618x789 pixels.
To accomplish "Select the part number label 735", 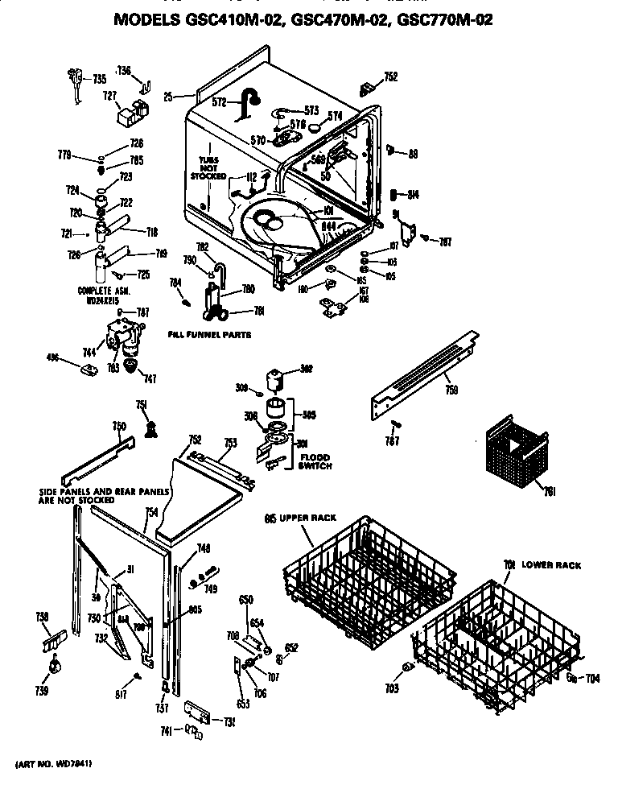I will (x=99, y=78).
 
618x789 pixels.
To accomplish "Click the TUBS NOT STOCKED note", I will (x=208, y=167).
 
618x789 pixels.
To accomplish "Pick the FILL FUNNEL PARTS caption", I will (x=209, y=333).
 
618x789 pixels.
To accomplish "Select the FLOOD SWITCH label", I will (x=315, y=461).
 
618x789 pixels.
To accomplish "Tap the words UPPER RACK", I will (x=305, y=517).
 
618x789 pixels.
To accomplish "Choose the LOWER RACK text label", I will (x=550, y=565).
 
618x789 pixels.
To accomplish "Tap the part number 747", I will (x=150, y=377).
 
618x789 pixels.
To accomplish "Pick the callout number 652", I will (x=291, y=647).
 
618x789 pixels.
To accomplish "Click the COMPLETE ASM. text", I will (x=103, y=291).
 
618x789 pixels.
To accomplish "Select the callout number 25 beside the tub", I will (x=168, y=97).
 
